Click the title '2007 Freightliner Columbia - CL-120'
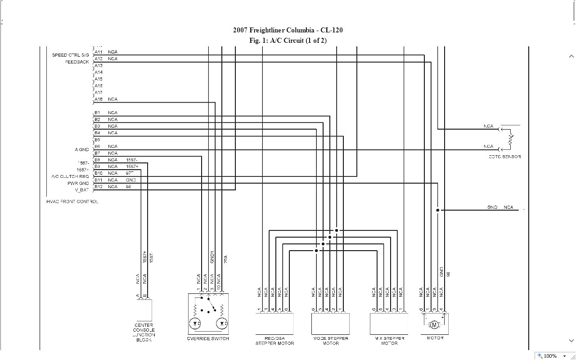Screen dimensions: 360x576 pyautogui.click(x=288, y=30)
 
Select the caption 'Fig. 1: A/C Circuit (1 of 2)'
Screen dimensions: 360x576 pyautogui.click(x=288, y=40)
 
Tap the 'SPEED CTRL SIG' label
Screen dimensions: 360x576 pyautogui.click(x=71, y=55)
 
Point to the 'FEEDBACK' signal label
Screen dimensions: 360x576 pyautogui.click(x=77, y=62)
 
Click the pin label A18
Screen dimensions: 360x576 pyautogui.click(x=98, y=99)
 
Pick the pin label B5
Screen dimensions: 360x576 pyautogui.click(x=97, y=140)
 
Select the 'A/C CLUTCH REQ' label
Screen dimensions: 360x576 pyautogui.click(x=70, y=176)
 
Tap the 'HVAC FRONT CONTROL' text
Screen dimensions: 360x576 pyautogui.click(x=72, y=202)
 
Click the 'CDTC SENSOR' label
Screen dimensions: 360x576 pyautogui.click(x=505, y=157)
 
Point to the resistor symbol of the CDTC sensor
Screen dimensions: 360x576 pyautogui.click(x=510, y=139)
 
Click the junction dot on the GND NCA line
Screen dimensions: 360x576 pyautogui.click(x=437, y=210)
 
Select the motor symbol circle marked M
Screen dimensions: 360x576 pyautogui.click(x=434, y=324)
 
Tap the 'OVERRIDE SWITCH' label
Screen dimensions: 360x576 pyautogui.click(x=208, y=339)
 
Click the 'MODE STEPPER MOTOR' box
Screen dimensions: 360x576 pyautogui.click(x=331, y=324)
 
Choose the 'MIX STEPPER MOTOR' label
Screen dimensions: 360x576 pyautogui.click(x=389, y=341)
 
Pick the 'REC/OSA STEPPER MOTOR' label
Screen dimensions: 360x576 pyautogui.click(x=274, y=341)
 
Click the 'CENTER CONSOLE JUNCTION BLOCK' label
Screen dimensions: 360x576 pyautogui.click(x=144, y=332)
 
